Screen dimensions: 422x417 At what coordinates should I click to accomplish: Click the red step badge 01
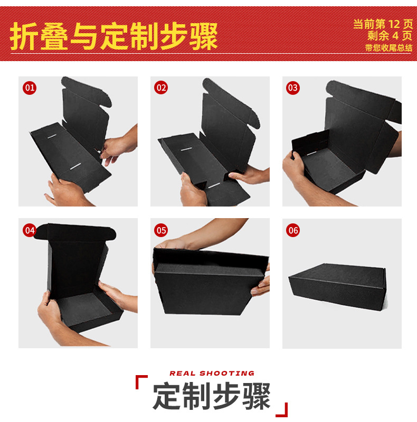(x=30, y=88)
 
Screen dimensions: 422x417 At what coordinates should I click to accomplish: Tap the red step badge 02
(x=161, y=88)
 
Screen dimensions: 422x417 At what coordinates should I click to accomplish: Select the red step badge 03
(x=293, y=88)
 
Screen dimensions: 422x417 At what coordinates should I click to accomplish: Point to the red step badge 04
(x=30, y=230)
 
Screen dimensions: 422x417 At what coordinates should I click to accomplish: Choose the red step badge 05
(x=161, y=230)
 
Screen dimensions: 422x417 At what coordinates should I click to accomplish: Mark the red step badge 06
(x=293, y=230)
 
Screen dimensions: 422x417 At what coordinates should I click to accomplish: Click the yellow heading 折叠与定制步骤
(x=114, y=36)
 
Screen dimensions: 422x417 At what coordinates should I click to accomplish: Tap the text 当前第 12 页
(x=383, y=24)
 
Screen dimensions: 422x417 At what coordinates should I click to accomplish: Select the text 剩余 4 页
(x=390, y=36)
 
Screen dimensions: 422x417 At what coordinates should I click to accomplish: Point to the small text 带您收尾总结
(x=388, y=48)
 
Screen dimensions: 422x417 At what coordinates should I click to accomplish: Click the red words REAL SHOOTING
(x=212, y=373)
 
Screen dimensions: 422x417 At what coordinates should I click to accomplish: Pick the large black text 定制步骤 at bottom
(x=212, y=395)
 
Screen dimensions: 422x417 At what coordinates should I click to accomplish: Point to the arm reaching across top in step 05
(x=211, y=232)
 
